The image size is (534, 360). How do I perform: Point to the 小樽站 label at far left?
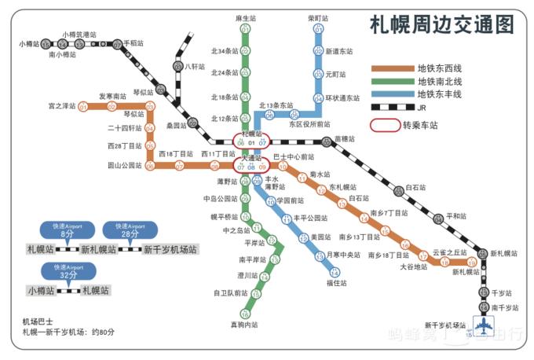pos(28,44)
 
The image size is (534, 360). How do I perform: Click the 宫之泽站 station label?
pos(62,106)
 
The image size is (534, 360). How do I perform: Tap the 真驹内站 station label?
pos(243,324)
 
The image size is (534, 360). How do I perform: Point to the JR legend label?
pos(422,107)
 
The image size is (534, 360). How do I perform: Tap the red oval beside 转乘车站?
pos(383,125)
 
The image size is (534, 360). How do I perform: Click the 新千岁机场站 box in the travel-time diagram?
pos(170,250)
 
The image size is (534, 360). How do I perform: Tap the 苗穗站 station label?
pos(345,139)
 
